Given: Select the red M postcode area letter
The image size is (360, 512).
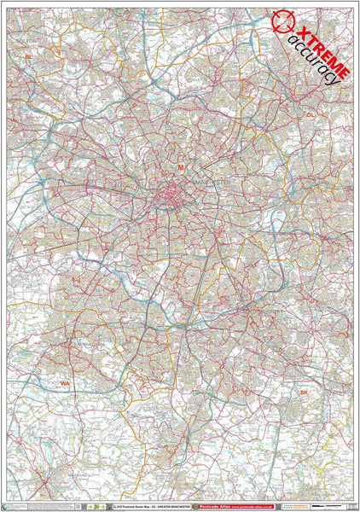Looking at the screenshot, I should coord(180,167).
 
